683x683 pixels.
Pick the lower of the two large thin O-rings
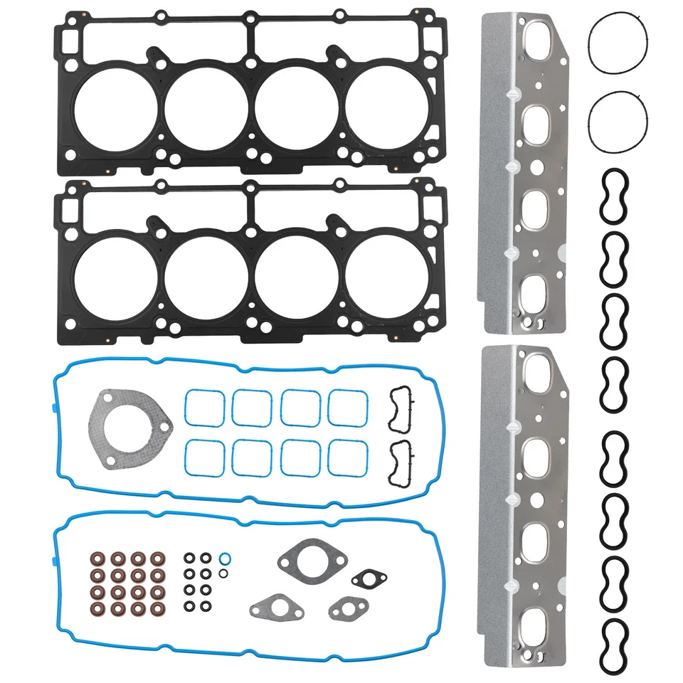(618, 122)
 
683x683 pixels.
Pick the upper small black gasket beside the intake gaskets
(401, 410)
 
